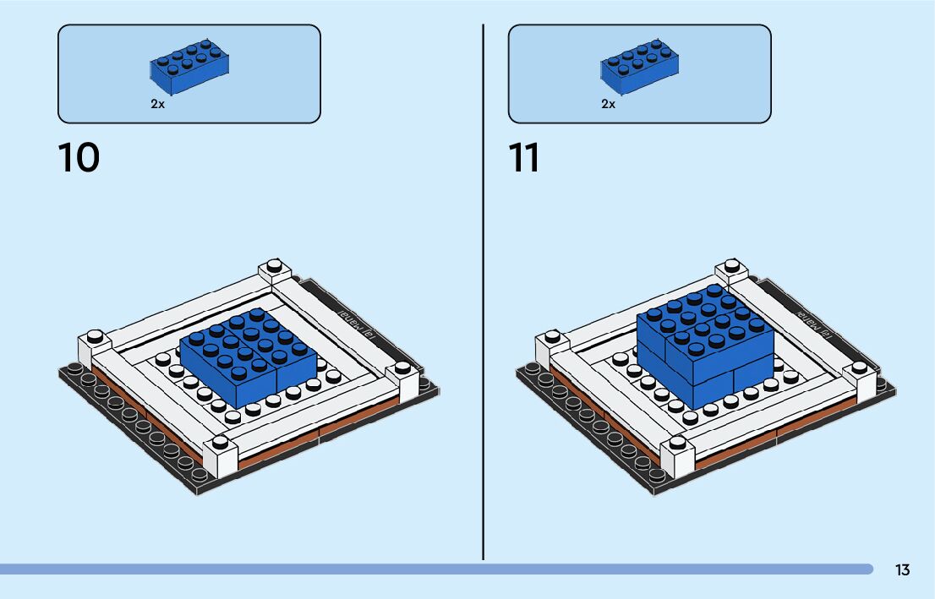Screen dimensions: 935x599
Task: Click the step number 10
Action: coord(79,157)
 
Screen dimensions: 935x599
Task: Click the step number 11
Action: coord(524,157)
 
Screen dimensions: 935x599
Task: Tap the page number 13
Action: coord(902,569)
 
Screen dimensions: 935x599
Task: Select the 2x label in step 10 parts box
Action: coord(157,104)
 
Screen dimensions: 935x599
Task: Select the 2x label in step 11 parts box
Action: coord(608,104)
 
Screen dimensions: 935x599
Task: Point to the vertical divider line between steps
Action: coord(484,296)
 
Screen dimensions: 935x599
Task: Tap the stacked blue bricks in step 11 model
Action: coord(704,346)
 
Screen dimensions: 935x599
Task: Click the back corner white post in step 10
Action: coord(275,272)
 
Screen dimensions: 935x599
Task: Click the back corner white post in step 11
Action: coord(732,272)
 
